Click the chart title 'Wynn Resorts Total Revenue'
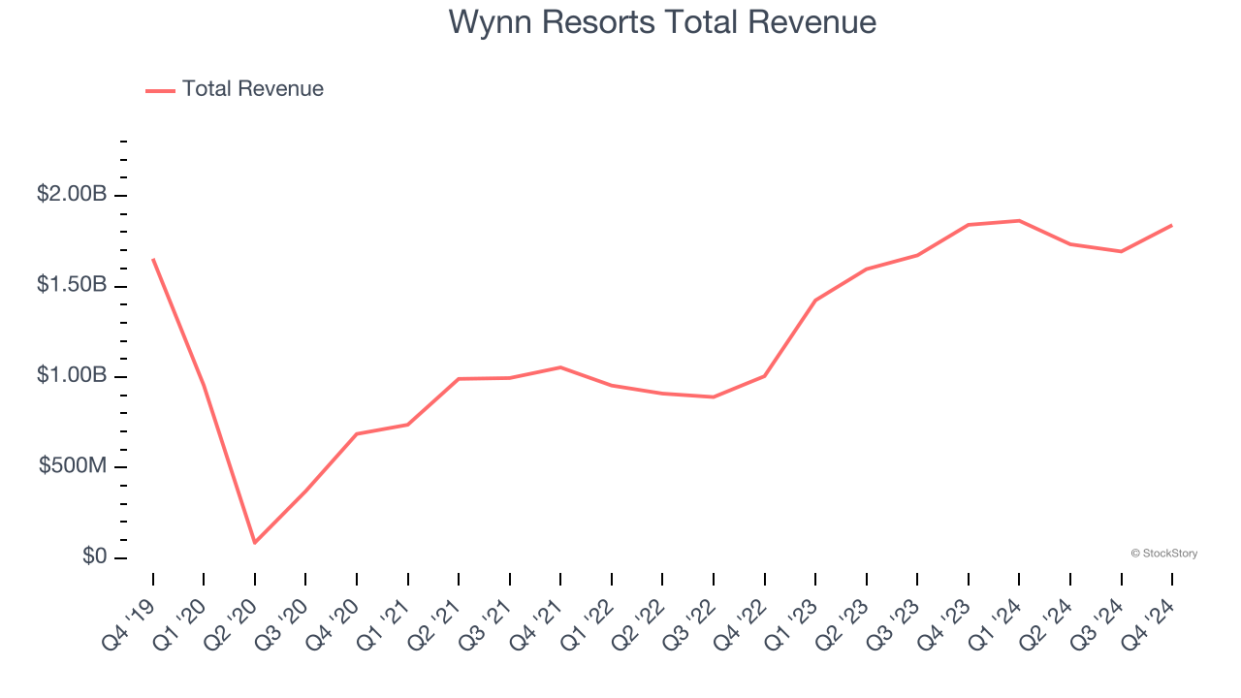(662, 22)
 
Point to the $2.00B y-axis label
(72, 195)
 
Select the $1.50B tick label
(72, 285)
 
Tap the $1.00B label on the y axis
(72, 375)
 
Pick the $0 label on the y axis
(95, 557)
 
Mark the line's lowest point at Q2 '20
(255, 543)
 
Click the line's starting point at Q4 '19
(153, 259)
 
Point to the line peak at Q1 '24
(1019, 221)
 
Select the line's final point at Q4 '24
(1172, 225)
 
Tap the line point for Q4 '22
(765, 376)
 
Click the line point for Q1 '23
(815, 301)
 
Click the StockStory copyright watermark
(1163, 554)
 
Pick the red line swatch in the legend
(160, 90)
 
